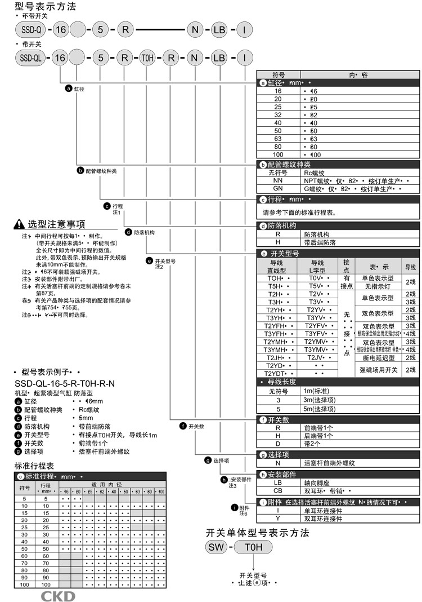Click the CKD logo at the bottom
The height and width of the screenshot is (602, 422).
(x=56, y=596)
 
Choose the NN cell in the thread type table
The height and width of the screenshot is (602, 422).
(x=278, y=181)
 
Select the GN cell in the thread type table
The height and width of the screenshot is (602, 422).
(x=278, y=189)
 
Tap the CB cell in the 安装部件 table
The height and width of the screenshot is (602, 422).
(x=278, y=490)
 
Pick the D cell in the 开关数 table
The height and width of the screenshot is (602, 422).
(x=278, y=444)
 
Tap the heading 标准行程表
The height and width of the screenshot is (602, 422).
(x=34, y=466)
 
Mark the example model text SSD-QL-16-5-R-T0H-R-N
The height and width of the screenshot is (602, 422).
(x=64, y=384)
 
